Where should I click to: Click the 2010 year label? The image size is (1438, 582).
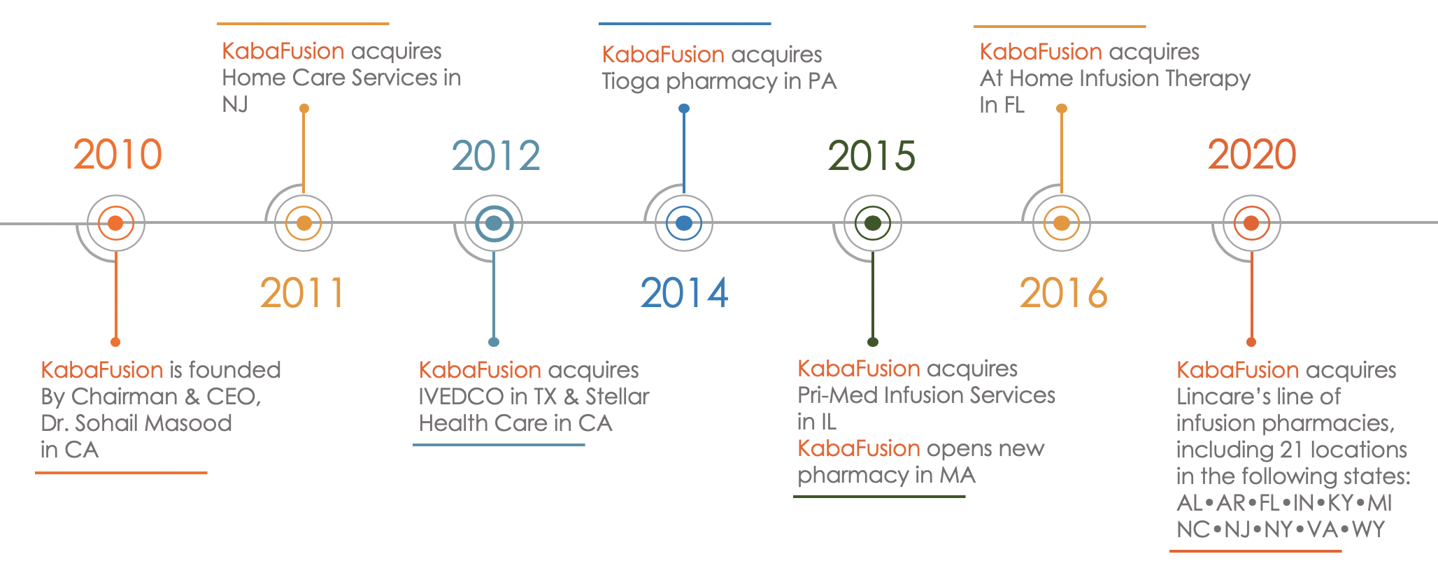pos(118,155)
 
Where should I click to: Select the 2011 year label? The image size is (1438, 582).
pos(302,292)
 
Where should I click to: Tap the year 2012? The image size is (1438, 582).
pos(496,155)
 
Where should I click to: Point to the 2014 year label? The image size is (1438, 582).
pos(684,292)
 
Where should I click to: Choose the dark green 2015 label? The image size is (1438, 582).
pos(871,155)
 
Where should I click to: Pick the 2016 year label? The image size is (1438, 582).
pos(1063,292)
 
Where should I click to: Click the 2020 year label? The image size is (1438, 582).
pos(1252,155)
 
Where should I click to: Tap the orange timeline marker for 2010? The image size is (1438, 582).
pos(116,223)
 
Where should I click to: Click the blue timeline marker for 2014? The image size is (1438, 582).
pos(684,223)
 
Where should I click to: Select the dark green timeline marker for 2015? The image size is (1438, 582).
pos(873,223)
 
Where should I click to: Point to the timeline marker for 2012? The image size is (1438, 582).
pos(494,223)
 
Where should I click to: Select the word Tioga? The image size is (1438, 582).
pos(631,82)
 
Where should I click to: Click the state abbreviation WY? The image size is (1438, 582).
pos(1368,530)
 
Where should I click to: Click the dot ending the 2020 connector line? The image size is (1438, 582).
pos(1251,342)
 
